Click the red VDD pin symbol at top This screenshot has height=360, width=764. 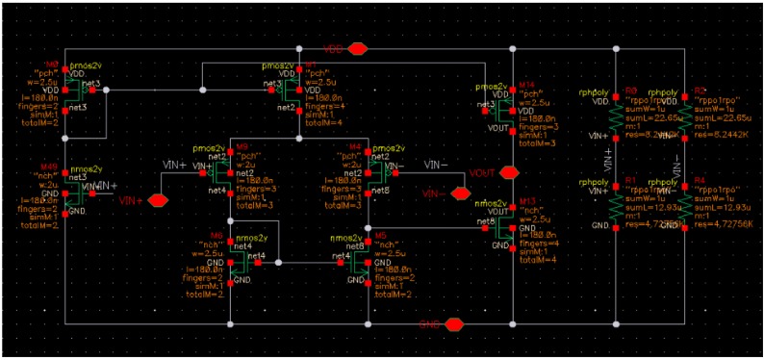point(358,48)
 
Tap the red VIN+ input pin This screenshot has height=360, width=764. point(157,200)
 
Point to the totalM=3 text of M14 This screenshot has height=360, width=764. point(537,142)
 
